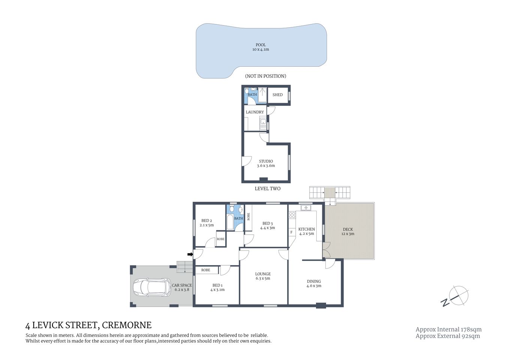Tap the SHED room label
[x=277, y=95]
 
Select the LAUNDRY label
[x=254, y=112]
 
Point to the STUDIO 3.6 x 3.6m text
[x=266, y=163]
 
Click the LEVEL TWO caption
[x=267, y=189]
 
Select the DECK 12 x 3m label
[x=347, y=231]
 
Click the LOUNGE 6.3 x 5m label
[x=263, y=276]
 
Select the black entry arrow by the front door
[x=190, y=255]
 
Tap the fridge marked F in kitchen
[x=291, y=232]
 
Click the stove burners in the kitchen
[x=292, y=215]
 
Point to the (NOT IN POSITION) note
[x=265, y=76]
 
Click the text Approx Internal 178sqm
[x=448, y=329]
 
